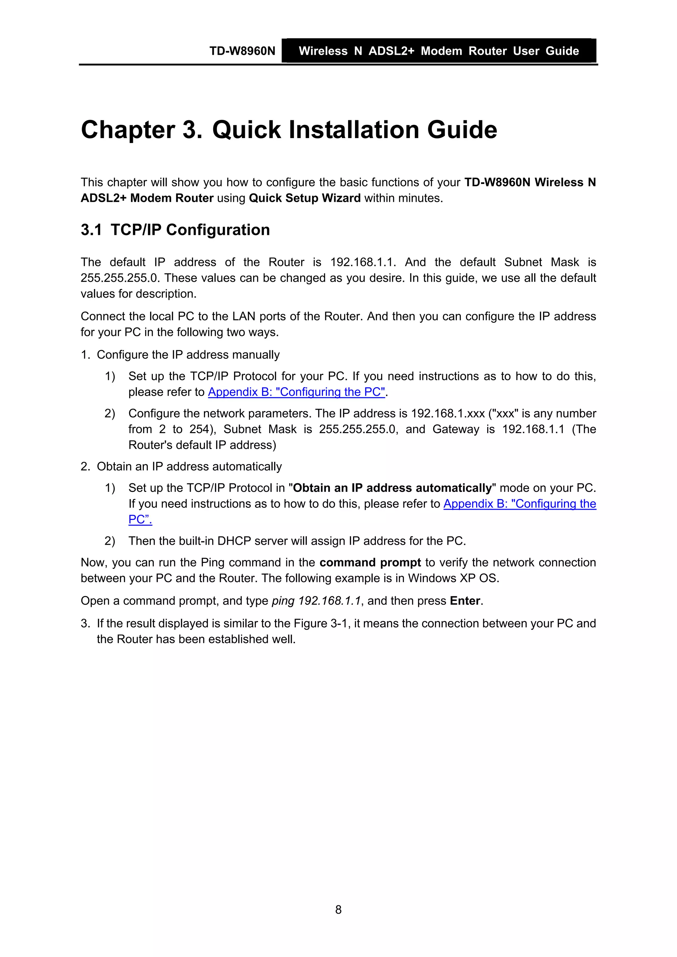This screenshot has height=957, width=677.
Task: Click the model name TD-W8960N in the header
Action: click(x=242, y=51)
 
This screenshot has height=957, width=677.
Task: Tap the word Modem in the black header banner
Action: click(x=441, y=51)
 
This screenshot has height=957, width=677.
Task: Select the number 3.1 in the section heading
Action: click(x=91, y=230)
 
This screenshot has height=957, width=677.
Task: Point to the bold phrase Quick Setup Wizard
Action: click(x=304, y=198)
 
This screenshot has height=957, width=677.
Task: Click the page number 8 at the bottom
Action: click(x=338, y=909)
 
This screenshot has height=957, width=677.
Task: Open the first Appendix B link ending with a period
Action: click(x=296, y=392)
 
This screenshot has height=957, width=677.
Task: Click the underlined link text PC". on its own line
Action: click(x=140, y=519)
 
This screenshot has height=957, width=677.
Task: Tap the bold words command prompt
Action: click(x=370, y=562)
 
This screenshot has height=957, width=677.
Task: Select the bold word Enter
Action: click(x=465, y=601)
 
